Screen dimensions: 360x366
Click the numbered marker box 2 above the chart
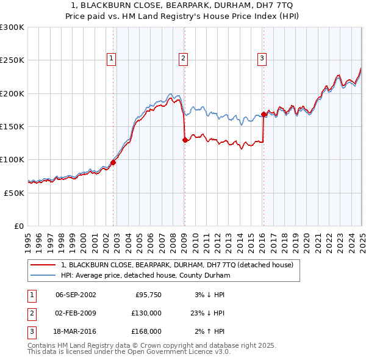tap(184, 59)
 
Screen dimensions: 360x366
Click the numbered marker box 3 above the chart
tap(262, 59)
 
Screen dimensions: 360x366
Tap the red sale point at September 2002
tap(113, 162)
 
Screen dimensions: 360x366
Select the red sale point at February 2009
tap(185, 140)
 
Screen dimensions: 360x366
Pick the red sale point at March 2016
tap(264, 114)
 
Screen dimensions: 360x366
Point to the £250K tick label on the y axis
tap(12, 60)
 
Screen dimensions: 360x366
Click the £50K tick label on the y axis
tap(13, 193)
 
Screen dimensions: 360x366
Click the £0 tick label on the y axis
tap(19, 226)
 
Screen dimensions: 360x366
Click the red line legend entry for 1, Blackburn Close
tap(177, 265)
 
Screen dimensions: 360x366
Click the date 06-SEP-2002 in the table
tap(76, 295)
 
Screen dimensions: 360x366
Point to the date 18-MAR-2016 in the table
tap(76, 331)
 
